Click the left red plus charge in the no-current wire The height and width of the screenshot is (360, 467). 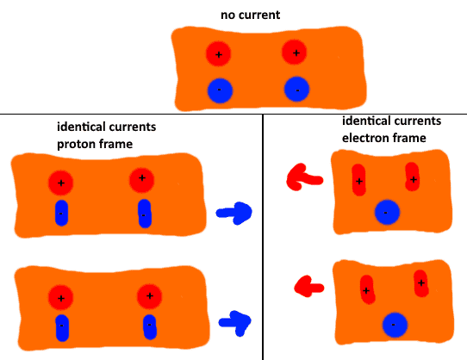218,54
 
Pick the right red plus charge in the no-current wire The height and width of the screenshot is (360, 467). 295,53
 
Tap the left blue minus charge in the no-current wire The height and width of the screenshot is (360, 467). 220,90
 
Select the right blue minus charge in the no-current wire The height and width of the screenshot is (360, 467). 296,89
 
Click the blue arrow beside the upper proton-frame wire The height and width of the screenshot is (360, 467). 234,213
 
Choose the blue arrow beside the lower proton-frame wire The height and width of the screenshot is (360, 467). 235,323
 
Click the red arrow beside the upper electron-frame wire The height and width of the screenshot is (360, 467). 304,177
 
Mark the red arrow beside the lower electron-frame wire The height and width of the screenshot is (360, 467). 308,287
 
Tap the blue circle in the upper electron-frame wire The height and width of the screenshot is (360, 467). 387,212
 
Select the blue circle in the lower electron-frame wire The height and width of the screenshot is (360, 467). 395,325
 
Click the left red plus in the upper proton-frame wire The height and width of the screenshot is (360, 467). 61,183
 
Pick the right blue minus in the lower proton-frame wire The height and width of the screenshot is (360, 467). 150,327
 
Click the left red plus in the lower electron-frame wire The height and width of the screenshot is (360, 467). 368,289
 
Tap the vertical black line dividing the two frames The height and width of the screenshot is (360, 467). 263,237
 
